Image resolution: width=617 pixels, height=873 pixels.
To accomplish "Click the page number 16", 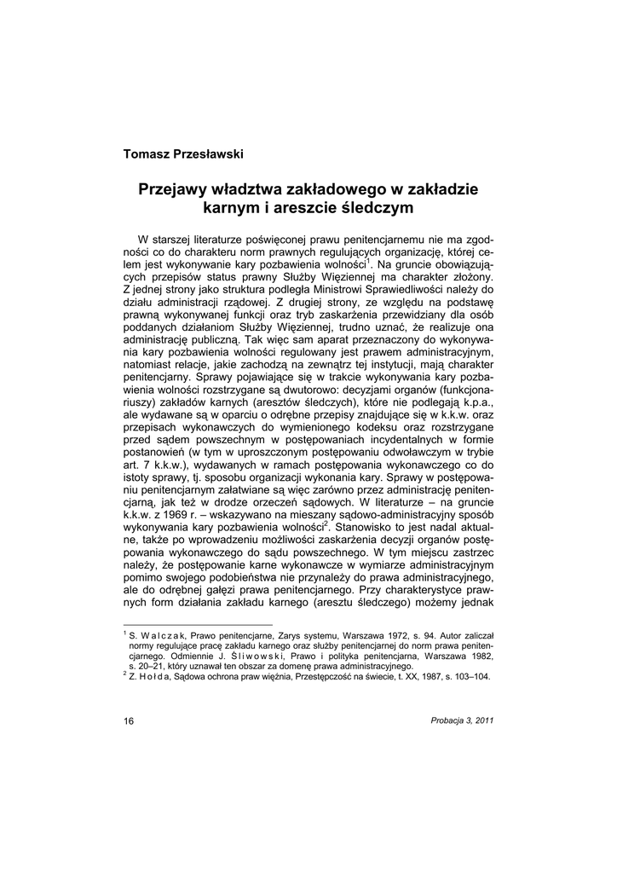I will pos(129,721).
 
